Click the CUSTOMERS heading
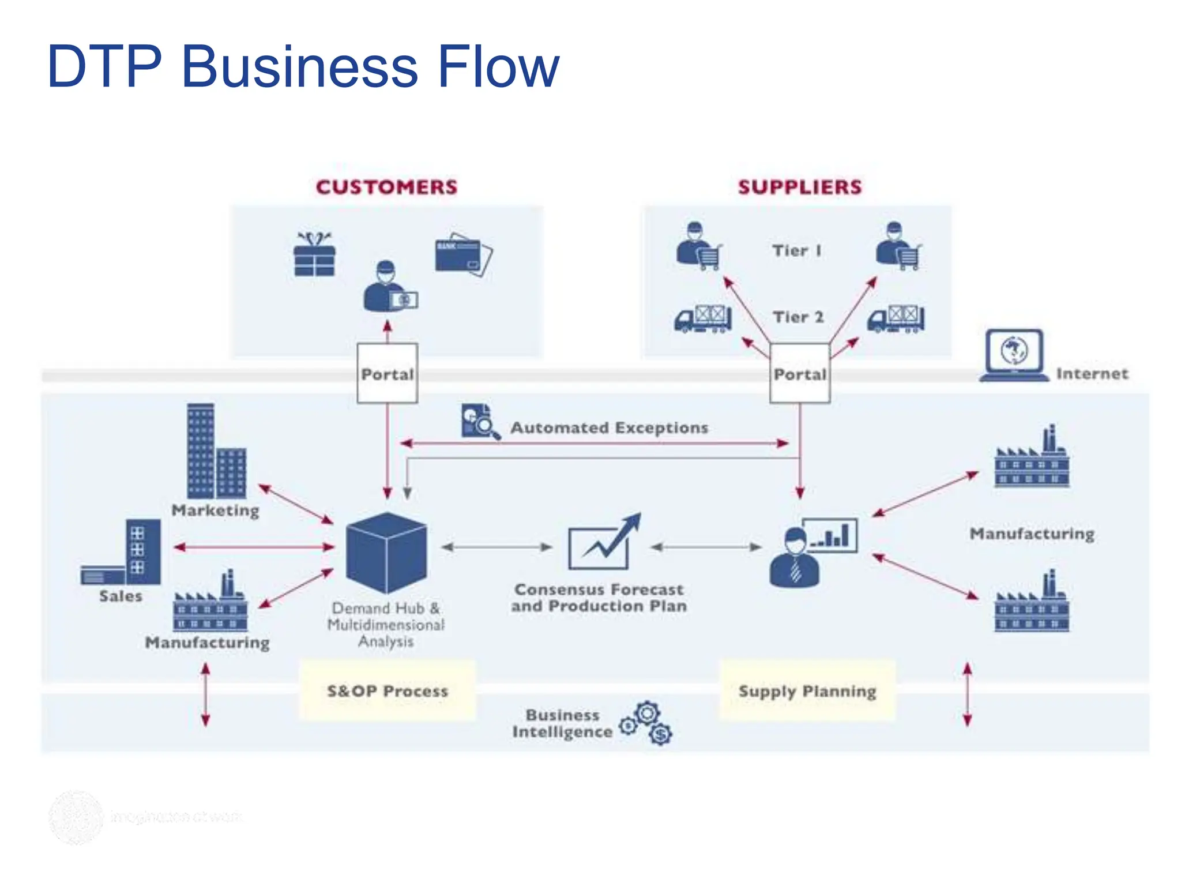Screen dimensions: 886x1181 [x=386, y=187]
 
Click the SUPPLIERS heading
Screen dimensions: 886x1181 [x=800, y=187]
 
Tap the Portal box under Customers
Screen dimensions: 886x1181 [x=387, y=374]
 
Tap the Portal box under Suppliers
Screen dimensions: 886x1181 [x=800, y=374]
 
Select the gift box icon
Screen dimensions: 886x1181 [x=314, y=254]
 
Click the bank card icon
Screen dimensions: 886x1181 [x=462, y=254]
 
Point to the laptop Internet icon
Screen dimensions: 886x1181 [x=1014, y=355]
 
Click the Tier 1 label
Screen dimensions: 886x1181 [x=797, y=251]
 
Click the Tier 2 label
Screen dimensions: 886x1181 [x=798, y=317]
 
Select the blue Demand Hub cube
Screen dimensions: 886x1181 [x=386, y=553]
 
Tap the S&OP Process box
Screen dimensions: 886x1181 [x=388, y=690]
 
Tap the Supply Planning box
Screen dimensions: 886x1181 [x=807, y=690]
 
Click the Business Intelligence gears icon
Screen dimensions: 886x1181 [x=647, y=723]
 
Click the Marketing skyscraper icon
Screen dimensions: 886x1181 [x=216, y=451]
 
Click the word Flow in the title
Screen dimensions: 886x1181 [x=498, y=67]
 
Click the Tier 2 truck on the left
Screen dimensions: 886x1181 [x=703, y=318]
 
